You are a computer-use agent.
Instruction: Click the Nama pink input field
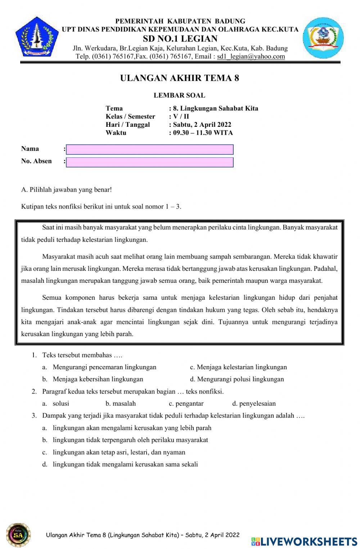(150, 149)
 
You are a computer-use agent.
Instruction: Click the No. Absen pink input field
(150, 162)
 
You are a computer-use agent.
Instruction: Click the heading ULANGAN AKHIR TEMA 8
(179, 78)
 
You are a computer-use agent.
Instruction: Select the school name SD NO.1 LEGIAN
(180, 39)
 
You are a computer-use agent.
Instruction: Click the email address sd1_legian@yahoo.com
(251, 57)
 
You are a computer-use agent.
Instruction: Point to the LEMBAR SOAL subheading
(179, 95)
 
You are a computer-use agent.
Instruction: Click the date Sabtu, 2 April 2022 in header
(202, 125)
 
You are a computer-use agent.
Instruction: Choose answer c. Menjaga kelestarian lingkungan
(238, 367)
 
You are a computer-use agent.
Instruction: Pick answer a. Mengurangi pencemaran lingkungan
(104, 367)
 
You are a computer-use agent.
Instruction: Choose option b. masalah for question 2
(121, 403)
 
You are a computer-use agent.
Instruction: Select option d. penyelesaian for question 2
(254, 403)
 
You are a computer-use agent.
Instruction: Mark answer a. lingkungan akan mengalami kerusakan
(132, 428)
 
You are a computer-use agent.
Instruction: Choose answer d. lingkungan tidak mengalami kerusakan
(125, 464)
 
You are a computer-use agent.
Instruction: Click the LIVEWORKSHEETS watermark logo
(304, 541)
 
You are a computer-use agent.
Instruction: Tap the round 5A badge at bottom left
(18, 535)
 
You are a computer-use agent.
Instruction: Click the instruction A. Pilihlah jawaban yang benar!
(64, 189)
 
